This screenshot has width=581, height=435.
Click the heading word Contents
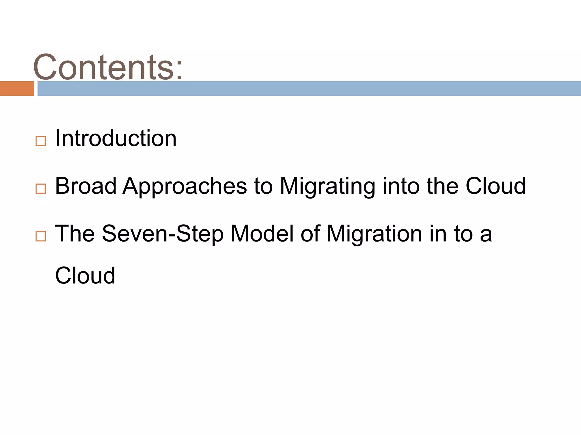tap(104, 67)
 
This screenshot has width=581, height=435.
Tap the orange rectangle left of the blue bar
tap(17, 88)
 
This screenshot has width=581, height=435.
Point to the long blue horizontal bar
tap(309, 88)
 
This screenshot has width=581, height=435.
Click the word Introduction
tap(116, 138)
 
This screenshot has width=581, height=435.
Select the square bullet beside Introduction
tap(41, 141)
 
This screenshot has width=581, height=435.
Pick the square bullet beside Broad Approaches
tap(41, 188)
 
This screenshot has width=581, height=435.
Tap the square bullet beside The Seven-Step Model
tap(41, 236)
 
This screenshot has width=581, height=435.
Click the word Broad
tap(86, 186)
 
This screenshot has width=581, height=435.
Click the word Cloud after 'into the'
tap(495, 186)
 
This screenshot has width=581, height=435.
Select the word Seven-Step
tap(163, 234)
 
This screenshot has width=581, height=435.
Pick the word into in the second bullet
tap(401, 186)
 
